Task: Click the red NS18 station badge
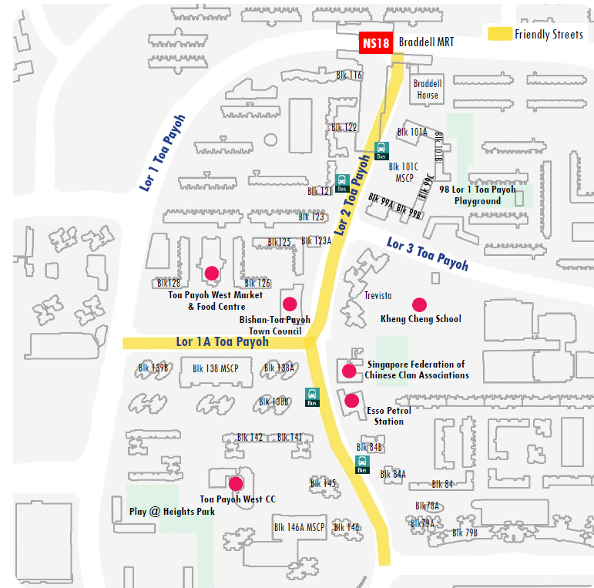[375, 43]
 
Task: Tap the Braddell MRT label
[426, 43]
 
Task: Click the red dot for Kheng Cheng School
[419, 304]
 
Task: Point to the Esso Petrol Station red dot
[352, 400]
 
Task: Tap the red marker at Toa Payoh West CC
[235, 483]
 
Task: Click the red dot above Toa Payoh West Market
[211, 272]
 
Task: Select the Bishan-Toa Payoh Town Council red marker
[290, 303]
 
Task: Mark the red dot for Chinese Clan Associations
[349, 371]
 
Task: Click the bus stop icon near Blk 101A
[381, 150]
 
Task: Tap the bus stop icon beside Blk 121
[342, 183]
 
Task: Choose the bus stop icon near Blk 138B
[312, 397]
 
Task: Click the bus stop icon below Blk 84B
[362, 464]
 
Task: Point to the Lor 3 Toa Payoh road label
[428, 254]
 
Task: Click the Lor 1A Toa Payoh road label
[222, 342]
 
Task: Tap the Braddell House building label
[428, 89]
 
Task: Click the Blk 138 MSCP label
[215, 368]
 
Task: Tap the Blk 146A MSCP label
[300, 528]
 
